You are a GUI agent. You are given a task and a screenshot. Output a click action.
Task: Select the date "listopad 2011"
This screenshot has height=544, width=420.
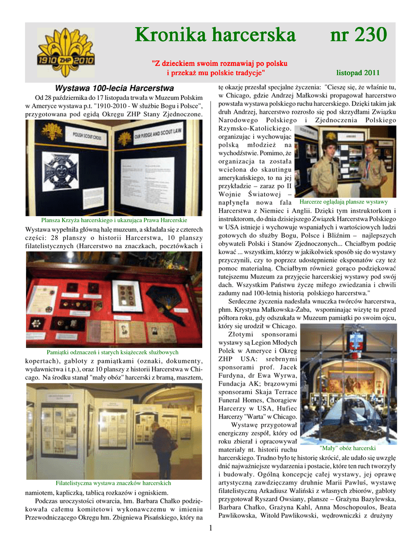(358, 72)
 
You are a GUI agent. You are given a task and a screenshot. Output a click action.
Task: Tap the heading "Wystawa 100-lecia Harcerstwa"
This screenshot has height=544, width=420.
(114, 88)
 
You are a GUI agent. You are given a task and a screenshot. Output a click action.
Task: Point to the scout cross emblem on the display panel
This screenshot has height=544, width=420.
(61, 172)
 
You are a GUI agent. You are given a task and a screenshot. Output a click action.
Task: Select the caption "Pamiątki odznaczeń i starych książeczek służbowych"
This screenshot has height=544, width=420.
(113, 352)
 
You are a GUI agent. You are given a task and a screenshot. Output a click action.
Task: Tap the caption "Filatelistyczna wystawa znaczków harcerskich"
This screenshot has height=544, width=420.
(113, 483)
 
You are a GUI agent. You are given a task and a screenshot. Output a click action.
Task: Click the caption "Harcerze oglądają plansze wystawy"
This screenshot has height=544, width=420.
(344, 202)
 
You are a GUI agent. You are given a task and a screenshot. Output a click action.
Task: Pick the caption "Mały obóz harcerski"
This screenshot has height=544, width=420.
(348, 448)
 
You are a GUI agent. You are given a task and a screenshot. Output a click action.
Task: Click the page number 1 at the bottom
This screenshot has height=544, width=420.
(210, 528)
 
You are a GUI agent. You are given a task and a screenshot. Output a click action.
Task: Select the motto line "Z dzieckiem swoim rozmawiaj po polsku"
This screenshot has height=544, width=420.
(220, 63)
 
